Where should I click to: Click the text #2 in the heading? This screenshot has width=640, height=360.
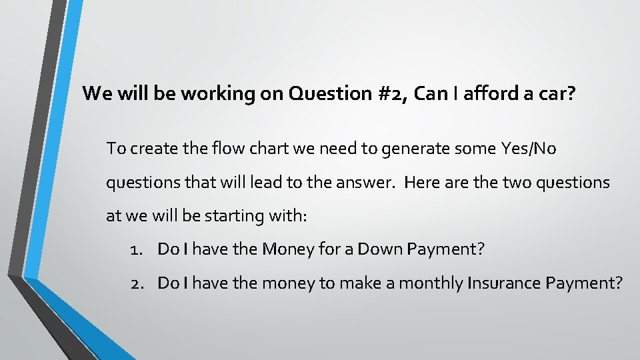395,93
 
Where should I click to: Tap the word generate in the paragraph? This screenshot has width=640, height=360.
411,149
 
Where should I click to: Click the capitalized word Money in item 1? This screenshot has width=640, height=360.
284,250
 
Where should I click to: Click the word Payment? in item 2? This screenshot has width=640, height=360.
584,283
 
